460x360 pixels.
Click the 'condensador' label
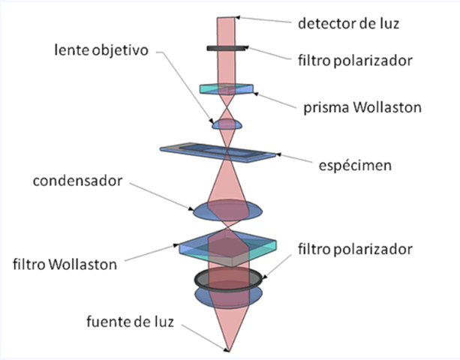(80, 182)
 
